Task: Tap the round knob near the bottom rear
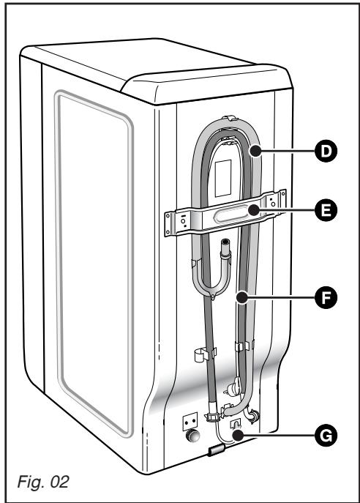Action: click(x=194, y=439)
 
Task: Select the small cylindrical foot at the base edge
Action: click(x=217, y=468)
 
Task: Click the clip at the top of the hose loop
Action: click(x=232, y=118)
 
